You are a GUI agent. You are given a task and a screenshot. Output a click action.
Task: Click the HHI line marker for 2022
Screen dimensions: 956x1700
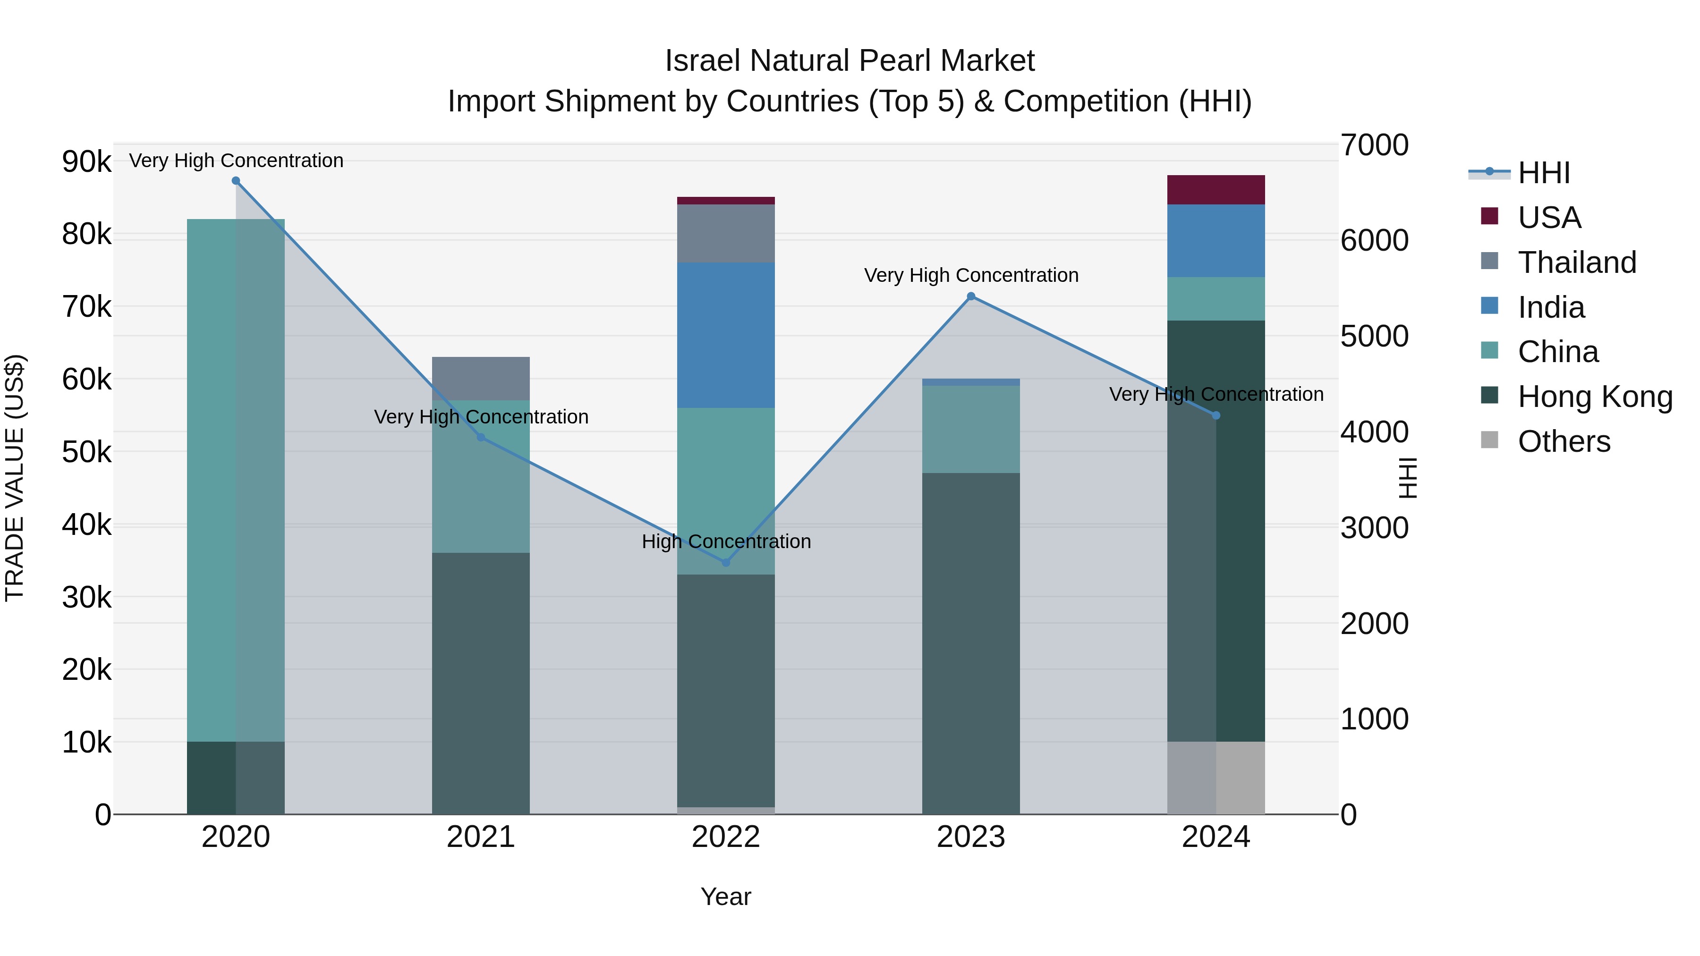tap(726, 563)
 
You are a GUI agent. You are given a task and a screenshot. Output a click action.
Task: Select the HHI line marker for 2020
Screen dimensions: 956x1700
tap(236, 181)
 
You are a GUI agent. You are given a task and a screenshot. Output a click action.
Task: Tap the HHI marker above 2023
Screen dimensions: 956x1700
tap(971, 296)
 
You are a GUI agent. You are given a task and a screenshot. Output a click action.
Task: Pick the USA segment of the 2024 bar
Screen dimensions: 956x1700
tap(1215, 190)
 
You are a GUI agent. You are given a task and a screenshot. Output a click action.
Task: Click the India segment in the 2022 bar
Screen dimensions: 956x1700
tap(726, 335)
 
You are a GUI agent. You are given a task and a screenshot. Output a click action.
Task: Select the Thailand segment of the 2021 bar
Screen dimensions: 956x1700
tap(480, 379)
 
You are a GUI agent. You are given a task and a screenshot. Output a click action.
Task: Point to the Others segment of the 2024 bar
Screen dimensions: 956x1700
tap(1215, 778)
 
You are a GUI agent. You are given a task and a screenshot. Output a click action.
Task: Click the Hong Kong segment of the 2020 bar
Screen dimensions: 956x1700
tap(236, 778)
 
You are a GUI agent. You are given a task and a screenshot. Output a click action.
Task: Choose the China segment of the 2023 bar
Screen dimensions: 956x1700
tap(971, 430)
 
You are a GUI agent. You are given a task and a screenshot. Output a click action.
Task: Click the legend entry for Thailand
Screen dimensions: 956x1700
tap(1577, 262)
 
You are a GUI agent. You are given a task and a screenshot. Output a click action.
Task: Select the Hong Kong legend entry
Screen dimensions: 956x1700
tap(1594, 397)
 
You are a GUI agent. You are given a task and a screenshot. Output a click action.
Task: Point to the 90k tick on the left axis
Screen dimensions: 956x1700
tap(86, 161)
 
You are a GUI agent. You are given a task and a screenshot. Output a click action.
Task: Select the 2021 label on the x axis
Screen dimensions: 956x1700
tap(480, 837)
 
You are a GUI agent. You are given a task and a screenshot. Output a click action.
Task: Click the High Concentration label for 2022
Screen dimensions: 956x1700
tap(726, 541)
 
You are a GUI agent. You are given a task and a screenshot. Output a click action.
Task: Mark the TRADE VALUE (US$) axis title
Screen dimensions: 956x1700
tap(15, 478)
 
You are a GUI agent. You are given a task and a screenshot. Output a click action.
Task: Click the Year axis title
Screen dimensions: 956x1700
tap(726, 897)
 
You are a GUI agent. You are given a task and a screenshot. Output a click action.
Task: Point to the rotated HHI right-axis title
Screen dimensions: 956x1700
tap(1407, 478)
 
